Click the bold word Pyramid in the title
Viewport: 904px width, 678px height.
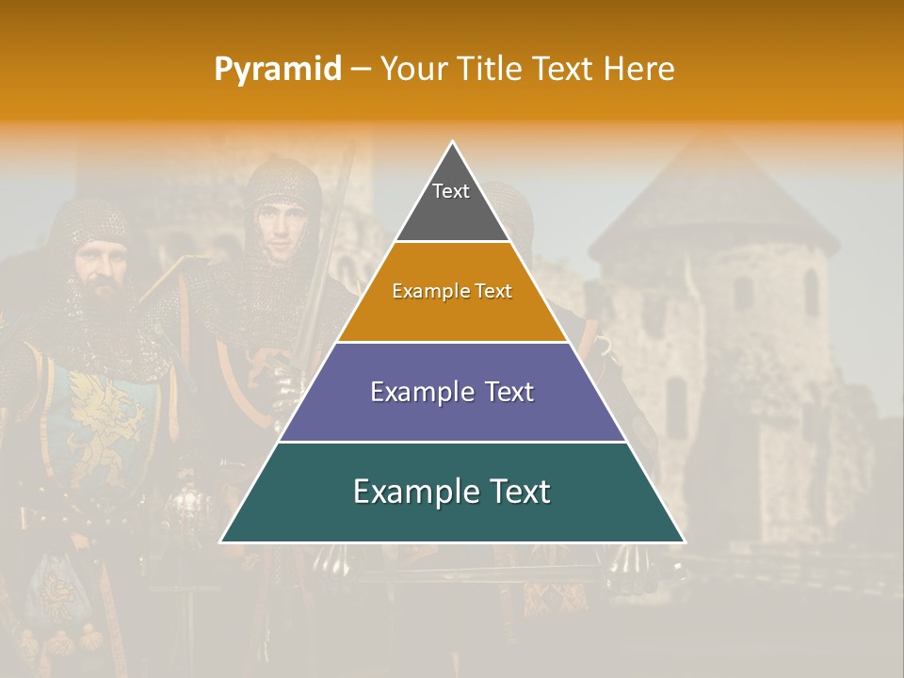coord(278,70)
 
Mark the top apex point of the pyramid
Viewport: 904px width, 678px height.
coord(452,142)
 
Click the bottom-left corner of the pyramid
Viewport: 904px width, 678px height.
coord(221,541)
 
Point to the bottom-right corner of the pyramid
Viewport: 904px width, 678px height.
coord(684,541)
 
